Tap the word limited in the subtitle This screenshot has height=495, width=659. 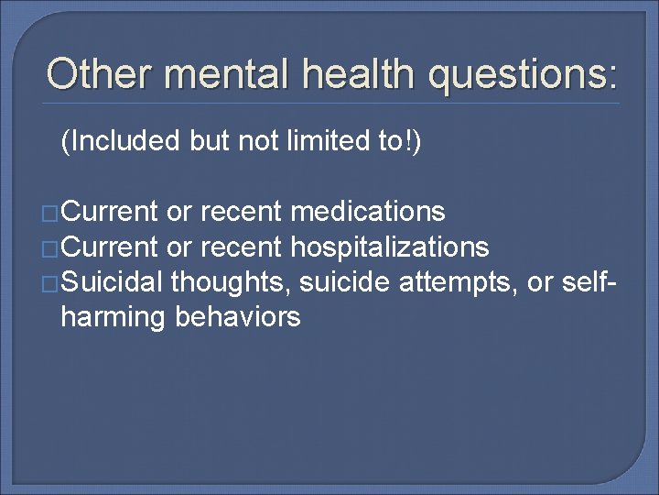317,142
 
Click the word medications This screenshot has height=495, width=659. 368,213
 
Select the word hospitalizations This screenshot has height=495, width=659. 389,247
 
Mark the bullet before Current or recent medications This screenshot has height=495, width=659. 53,214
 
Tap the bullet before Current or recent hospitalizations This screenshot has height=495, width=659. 53,248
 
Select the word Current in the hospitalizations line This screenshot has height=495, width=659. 112,247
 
